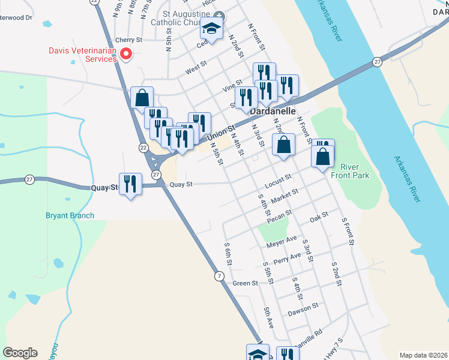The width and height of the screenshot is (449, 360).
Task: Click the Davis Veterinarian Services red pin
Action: click(126, 55)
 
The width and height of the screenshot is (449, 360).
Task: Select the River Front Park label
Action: click(354, 170)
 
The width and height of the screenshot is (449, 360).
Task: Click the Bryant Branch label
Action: click(70, 215)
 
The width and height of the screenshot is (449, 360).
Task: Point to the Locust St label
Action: click(277, 178)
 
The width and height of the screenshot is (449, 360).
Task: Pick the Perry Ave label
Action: click(286, 258)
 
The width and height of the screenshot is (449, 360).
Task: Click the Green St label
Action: click(245, 283)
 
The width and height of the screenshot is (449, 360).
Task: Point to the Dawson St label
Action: click(303, 308)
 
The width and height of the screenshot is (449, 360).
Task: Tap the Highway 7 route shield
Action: click(220, 275)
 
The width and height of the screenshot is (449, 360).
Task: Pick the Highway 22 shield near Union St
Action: click(143, 147)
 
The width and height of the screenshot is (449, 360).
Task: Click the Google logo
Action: click(20, 353)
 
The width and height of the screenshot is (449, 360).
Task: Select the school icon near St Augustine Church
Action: click(211, 28)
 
